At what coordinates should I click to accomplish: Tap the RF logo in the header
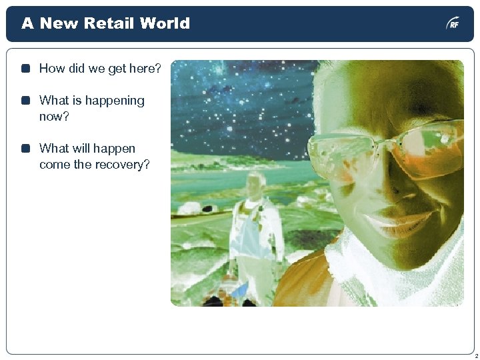[453, 24]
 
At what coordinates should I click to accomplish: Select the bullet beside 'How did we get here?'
[25, 69]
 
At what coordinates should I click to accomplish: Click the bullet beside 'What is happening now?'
[25, 101]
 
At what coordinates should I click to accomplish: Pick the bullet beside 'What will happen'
[25, 149]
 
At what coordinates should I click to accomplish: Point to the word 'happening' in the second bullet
[113, 101]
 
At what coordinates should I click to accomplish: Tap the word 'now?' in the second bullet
[54, 117]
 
